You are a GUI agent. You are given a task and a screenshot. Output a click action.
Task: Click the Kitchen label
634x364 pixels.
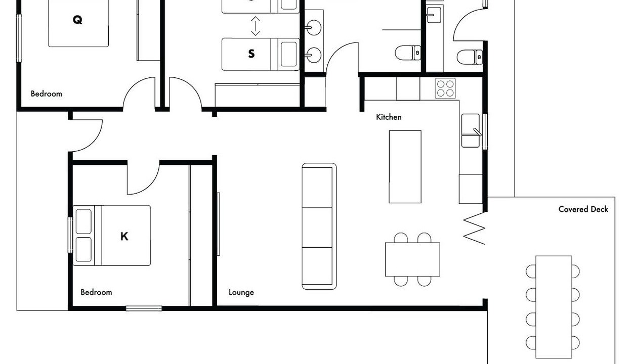[389, 117]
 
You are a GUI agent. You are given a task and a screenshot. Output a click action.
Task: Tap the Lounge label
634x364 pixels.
[241, 292]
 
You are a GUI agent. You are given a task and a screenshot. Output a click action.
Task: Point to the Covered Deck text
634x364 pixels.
[583, 209]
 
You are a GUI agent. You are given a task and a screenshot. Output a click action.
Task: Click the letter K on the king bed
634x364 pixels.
[124, 236]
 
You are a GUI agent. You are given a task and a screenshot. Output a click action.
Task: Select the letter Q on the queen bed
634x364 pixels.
[77, 20]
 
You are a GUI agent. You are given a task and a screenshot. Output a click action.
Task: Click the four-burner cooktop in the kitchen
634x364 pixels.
[445, 88]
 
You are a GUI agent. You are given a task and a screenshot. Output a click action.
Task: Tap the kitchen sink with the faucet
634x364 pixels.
[471, 130]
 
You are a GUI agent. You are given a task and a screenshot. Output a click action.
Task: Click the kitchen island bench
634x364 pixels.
[405, 167]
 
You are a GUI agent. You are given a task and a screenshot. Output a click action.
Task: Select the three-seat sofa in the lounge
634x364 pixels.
[319, 226]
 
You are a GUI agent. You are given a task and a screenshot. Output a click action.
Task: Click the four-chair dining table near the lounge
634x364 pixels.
[412, 259]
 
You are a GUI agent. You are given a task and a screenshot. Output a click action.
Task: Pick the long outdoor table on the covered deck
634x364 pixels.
[554, 307]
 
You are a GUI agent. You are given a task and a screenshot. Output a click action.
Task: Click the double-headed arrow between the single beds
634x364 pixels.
[256, 26]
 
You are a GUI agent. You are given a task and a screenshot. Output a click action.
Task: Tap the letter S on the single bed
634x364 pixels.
[251, 54]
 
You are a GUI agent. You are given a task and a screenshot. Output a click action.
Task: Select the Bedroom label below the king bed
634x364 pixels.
[96, 292]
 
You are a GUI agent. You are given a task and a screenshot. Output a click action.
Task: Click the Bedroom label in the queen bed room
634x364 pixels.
[47, 94]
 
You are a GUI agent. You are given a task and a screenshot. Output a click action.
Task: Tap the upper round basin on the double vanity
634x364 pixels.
[314, 27]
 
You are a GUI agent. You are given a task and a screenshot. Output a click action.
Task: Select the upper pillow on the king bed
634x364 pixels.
[83, 221]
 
